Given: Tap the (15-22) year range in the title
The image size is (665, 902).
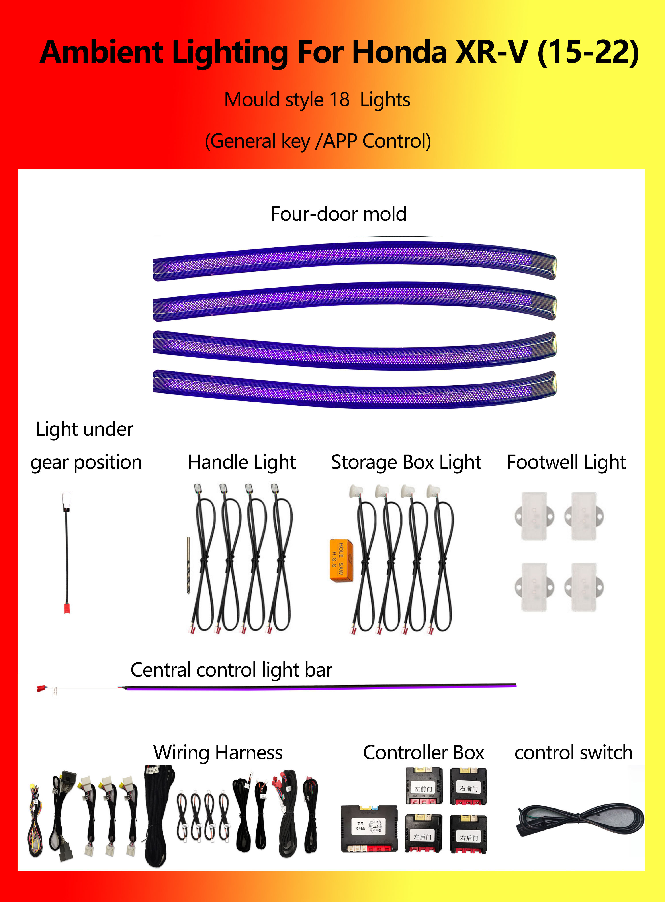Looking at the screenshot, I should click(x=588, y=52).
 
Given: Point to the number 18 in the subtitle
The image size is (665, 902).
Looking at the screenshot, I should click(x=339, y=100).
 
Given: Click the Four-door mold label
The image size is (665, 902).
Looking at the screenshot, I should click(x=338, y=214).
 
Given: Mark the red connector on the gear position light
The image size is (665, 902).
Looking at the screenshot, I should click(x=67, y=607).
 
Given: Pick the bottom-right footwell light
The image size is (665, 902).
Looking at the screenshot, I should click(x=584, y=587).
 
